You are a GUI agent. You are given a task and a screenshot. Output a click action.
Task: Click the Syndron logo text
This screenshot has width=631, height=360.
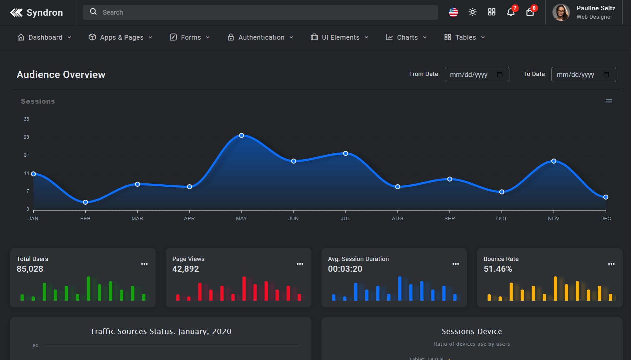pos(44,13)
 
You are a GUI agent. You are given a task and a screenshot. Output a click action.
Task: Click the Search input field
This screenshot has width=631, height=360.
pos(260,12)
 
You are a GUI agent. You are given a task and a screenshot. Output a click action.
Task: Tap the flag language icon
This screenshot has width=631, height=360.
pos(453,12)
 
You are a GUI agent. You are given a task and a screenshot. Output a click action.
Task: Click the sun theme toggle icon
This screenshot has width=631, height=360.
pos(472,12)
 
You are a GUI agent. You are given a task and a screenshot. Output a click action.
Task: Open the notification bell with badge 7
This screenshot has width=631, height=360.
pos(511,12)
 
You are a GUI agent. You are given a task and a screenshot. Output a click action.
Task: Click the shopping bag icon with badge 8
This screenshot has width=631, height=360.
pos(530,12)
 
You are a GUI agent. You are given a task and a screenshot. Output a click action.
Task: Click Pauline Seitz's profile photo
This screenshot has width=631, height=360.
pos(561,12)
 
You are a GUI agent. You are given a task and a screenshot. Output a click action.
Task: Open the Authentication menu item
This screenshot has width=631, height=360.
pos(261,37)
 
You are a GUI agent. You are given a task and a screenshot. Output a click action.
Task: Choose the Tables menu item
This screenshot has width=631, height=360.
pos(465,37)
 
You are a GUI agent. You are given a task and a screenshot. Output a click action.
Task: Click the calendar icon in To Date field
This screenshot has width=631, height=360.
pos(606,75)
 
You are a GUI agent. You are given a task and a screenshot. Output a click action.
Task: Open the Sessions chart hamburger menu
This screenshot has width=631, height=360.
pos(609,101)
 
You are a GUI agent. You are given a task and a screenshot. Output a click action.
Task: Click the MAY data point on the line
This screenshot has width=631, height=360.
pos(242,135)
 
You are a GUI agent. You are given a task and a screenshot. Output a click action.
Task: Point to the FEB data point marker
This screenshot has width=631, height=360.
pos(85,202)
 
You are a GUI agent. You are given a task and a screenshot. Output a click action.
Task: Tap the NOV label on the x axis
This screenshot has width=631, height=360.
pos(553,219)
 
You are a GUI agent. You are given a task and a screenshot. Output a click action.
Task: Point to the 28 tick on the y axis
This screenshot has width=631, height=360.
pos(26,137)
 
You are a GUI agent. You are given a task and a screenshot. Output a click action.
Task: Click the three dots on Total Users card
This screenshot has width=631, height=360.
pos(144,264)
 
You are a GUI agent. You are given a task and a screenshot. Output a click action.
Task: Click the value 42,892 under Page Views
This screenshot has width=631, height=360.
pos(186,269)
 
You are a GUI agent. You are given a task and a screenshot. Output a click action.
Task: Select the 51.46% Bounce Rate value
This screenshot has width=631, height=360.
pos(498,269)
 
